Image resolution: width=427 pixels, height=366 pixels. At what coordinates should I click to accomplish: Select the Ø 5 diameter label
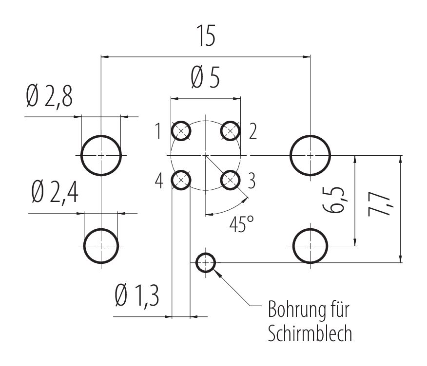click(205, 79)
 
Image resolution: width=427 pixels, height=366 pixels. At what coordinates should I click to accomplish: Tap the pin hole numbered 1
click(181, 130)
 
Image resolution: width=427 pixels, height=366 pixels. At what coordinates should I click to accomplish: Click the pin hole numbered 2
click(231, 130)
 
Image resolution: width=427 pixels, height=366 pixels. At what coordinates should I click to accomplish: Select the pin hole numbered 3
click(231, 180)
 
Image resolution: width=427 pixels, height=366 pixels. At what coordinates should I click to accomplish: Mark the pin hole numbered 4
click(181, 180)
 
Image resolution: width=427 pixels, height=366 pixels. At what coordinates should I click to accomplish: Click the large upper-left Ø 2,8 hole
click(101, 155)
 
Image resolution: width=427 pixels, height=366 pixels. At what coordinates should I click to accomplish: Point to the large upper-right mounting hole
click(311, 155)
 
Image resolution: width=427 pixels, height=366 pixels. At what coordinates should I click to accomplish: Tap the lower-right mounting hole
click(311, 246)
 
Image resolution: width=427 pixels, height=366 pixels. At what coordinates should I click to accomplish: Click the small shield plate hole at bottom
click(206, 263)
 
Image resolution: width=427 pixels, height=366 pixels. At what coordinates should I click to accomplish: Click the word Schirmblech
click(310, 334)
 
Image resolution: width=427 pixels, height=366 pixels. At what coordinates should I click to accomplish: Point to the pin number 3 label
click(252, 181)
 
